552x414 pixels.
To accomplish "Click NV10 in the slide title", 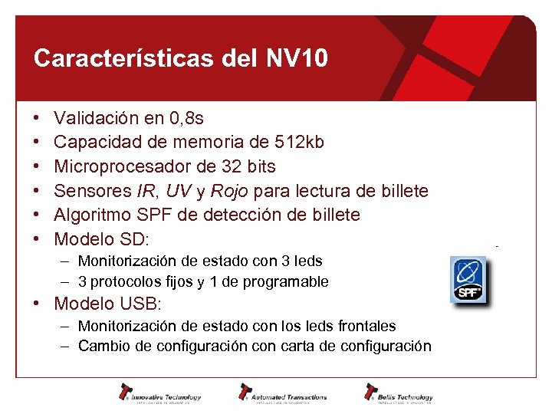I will (x=297, y=58).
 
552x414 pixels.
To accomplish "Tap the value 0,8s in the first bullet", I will (x=187, y=119).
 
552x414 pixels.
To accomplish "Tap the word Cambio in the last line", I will (x=104, y=347).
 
